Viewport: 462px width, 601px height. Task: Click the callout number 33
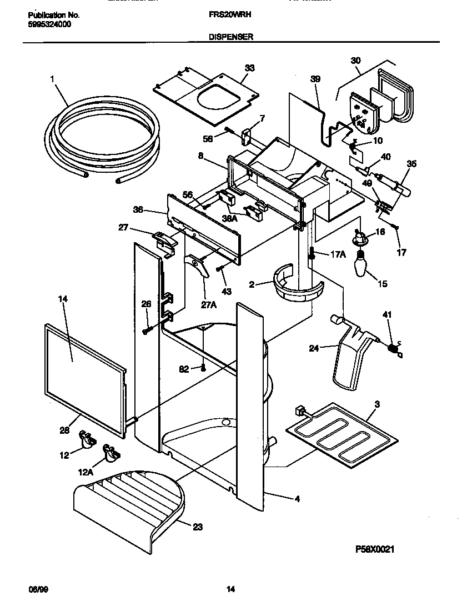[x=250, y=68]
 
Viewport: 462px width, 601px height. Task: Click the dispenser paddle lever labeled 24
[x=350, y=361]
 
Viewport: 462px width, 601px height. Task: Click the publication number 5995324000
[x=49, y=24]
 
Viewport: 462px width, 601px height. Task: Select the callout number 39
[x=315, y=79]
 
